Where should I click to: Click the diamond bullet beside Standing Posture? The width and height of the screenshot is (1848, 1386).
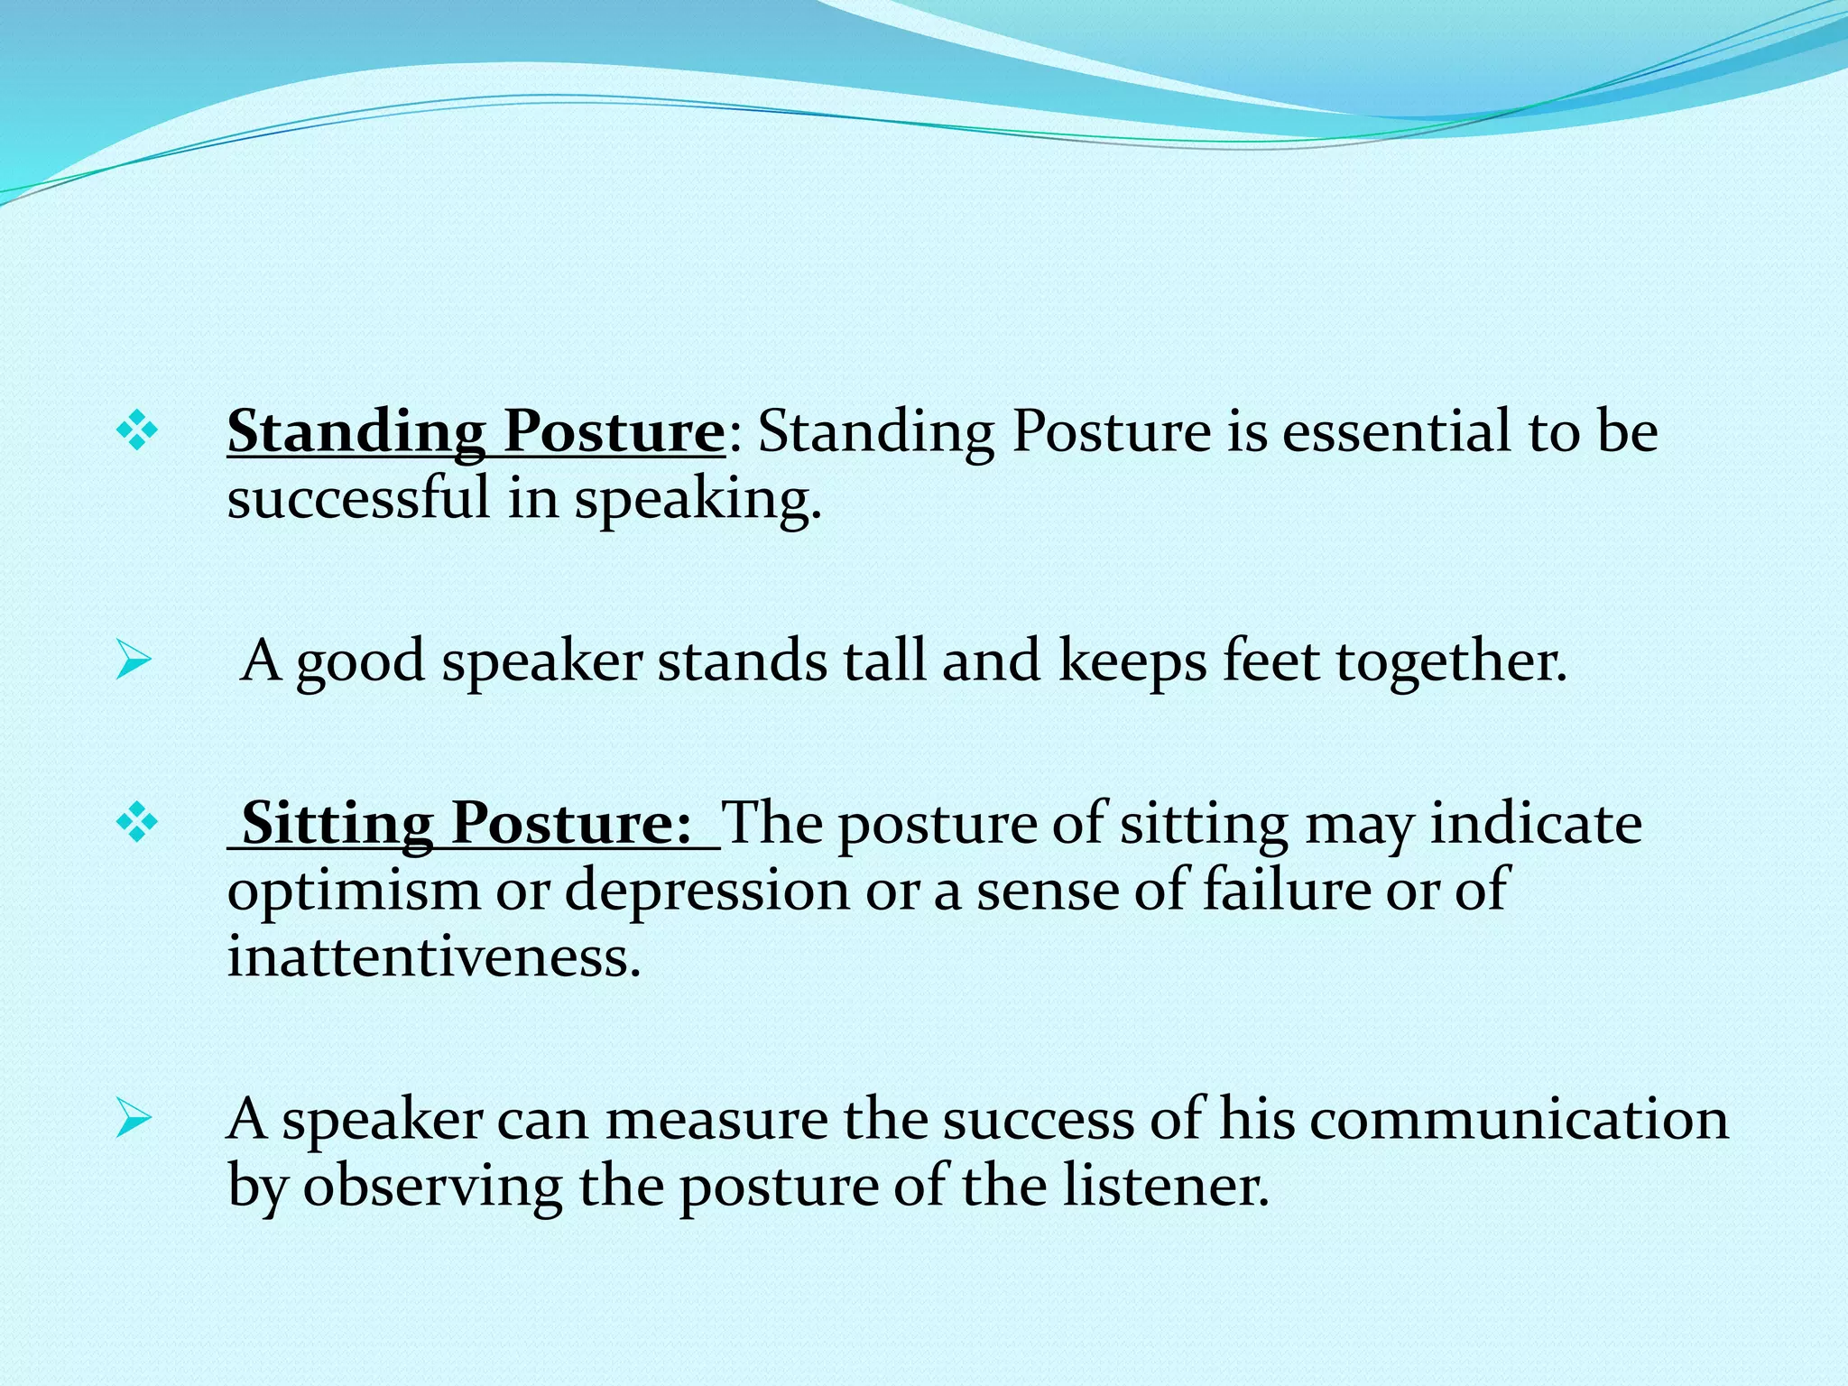[x=137, y=431]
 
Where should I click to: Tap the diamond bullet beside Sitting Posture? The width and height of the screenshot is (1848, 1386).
[x=137, y=823]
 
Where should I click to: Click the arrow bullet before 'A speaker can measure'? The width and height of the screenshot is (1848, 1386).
[x=134, y=1120]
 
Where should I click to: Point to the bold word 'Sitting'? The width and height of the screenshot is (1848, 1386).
[x=337, y=823]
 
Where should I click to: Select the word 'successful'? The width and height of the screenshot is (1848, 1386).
[x=357, y=498]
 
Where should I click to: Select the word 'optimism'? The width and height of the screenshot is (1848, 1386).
[x=354, y=891]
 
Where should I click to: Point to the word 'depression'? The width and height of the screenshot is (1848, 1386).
[x=707, y=891]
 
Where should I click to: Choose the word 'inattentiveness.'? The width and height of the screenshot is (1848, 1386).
[x=433, y=956]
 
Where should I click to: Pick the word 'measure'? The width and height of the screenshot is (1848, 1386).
[x=716, y=1120]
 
